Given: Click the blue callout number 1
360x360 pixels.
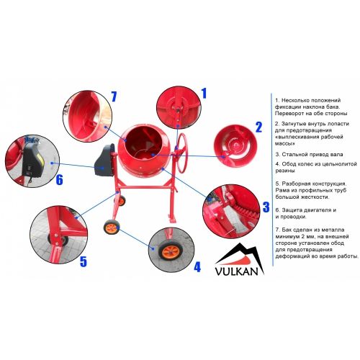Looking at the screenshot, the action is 204,94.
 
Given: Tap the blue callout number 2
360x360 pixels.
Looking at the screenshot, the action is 258,127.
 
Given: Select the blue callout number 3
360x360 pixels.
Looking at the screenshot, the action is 266,207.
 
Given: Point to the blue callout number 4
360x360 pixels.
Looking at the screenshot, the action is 197,267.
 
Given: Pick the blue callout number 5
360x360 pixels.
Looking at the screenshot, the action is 84,261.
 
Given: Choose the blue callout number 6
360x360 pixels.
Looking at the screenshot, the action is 59,179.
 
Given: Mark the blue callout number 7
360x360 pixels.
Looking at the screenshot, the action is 114,96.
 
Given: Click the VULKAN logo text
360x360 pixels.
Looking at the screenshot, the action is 236,271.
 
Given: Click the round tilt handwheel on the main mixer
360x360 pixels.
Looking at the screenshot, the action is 183,153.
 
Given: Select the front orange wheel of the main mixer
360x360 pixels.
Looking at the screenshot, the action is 112,227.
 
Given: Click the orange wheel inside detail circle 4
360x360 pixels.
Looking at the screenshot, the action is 171,251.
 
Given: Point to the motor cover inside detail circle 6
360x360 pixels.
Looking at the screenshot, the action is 32,160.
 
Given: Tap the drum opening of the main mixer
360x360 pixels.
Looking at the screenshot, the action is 143,143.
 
